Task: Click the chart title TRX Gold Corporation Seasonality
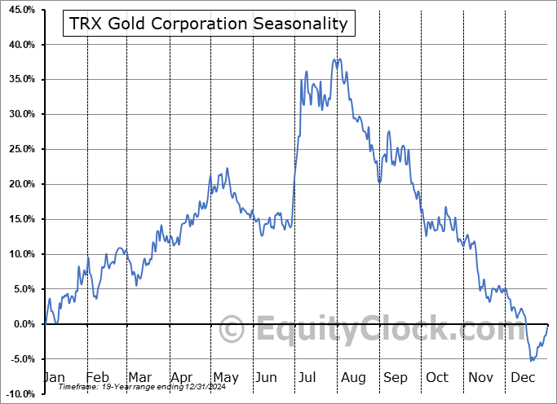(208, 24)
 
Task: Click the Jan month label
(55, 377)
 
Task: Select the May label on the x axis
(226, 377)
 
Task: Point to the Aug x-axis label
(353, 377)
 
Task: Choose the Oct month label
(438, 377)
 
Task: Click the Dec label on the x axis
(523, 377)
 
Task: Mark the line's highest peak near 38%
(336, 59)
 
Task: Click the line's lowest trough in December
(531, 360)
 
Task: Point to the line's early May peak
(227, 169)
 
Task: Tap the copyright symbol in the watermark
(233, 331)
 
